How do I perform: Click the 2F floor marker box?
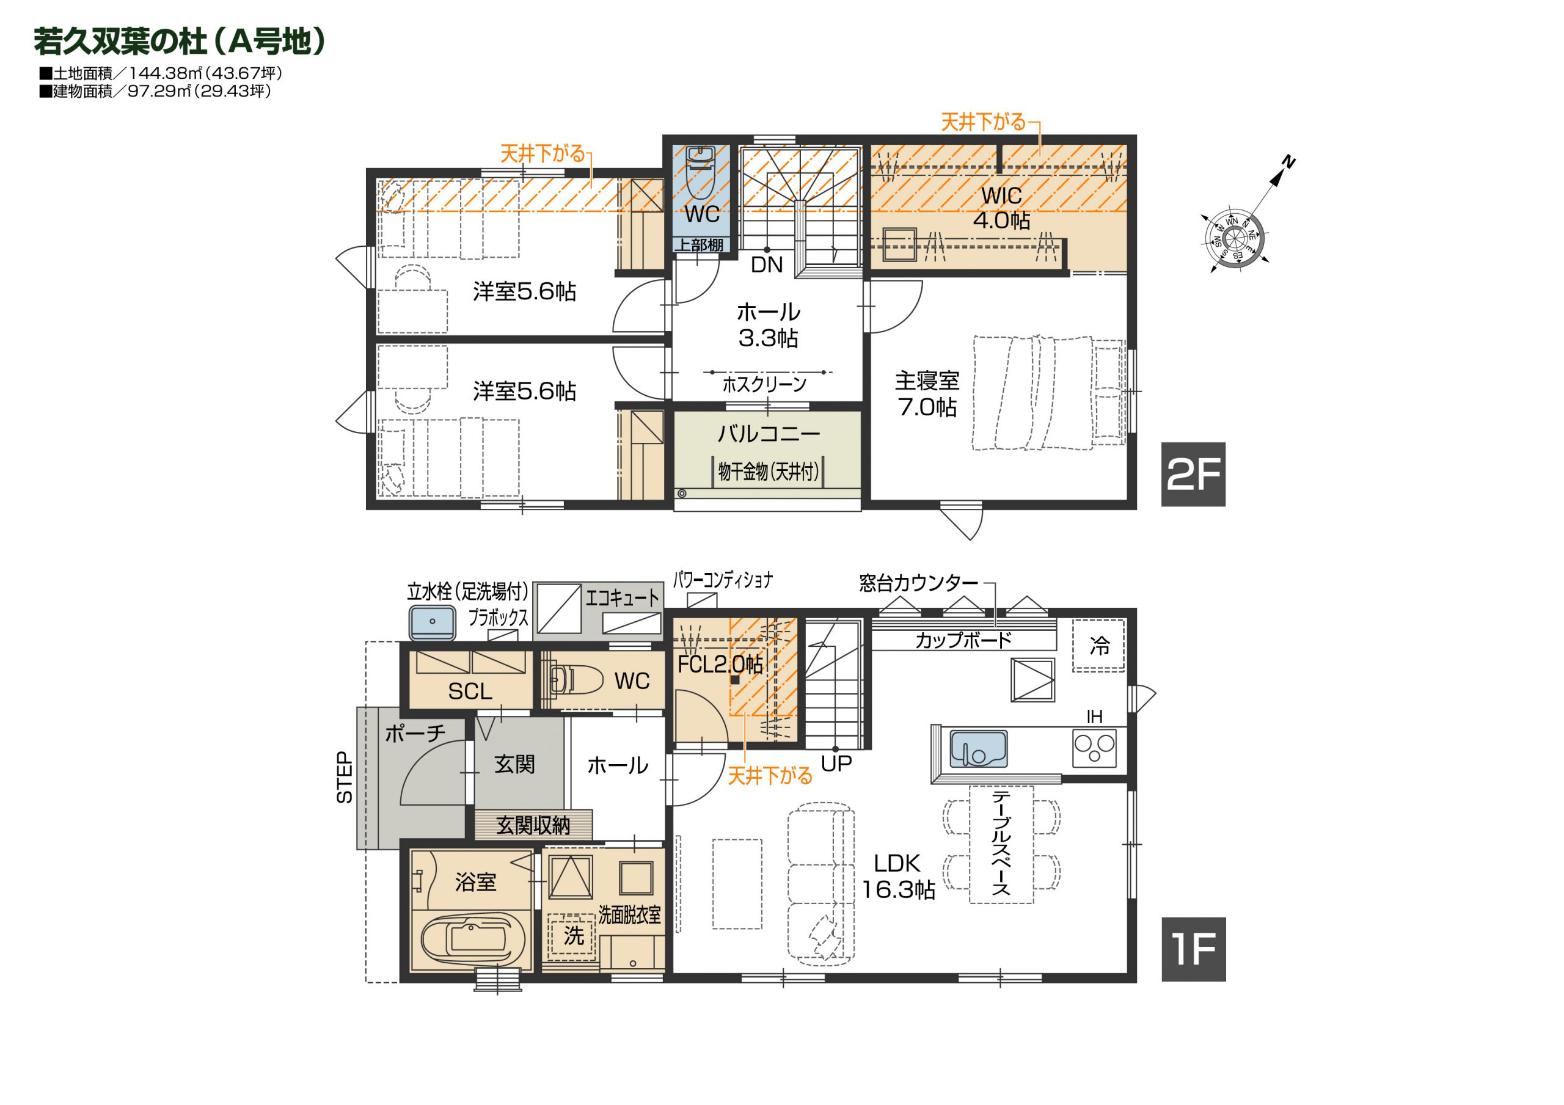click(x=1193, y=474)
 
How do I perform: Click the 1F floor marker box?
click(x=1193, y=949)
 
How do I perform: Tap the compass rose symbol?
click(x=1234, y=238)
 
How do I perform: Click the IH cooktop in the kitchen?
click(x=1095, y=748)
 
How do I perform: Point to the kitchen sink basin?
click(x=978, y=749)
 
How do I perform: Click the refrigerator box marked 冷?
click(x=1098, y=645)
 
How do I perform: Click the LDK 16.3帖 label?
click(x=898, y=876)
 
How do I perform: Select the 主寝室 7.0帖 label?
click(x=926, y=393)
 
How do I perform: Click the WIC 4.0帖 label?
click(x=1001, y=208)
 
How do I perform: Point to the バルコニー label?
click(x=769, y=433)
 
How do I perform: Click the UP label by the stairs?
click(x=836, y=764)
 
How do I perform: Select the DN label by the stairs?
click(x=766, y=265)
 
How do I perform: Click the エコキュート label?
click(x=623, y=598)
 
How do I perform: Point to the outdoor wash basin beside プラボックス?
click(x=432, y=622)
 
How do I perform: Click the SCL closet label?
click(x=470, y=691)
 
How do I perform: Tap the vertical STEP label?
click(x=345, y=778)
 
